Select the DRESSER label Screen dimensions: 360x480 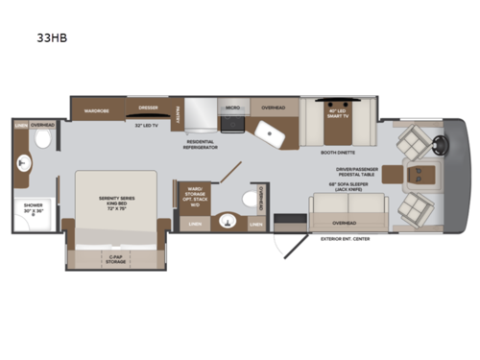pyautogui.click(x=147, y=108)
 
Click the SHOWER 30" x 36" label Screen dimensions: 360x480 pyautogui.click(x=32, y=209)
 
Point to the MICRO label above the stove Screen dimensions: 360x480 pyautogui.click(x=232, y=108)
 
